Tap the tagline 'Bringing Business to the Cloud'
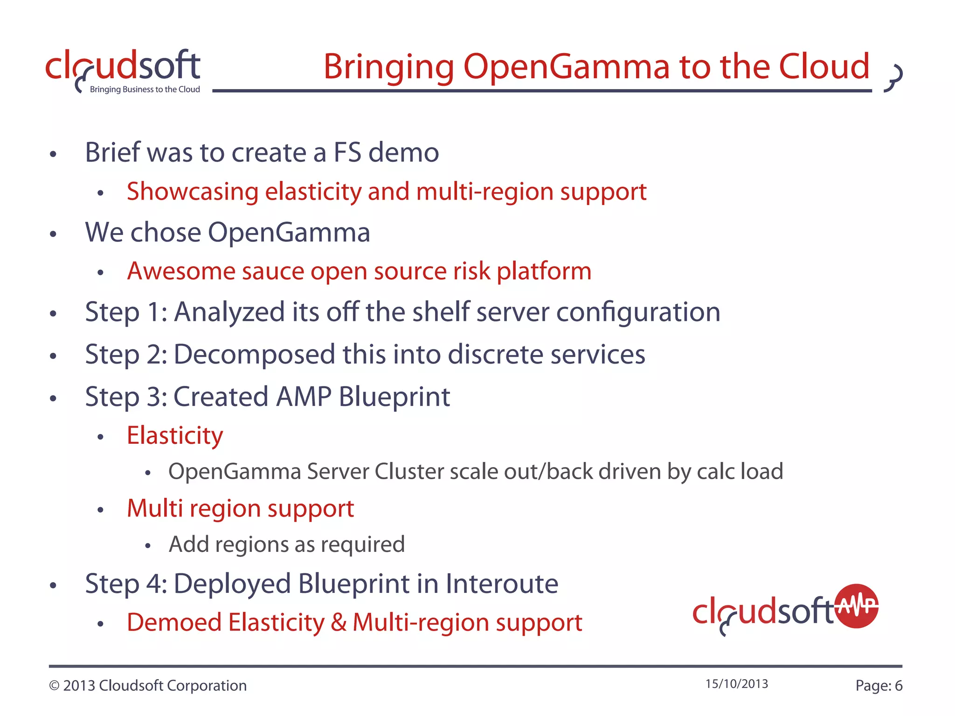(x=145, y=89)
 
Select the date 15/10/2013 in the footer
(x=736, y=684)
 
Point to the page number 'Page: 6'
(x=879, y=686)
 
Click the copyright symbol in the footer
(x=54, y=686)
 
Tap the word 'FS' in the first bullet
(x=347, y=152)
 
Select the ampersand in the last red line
(x=339, y=623)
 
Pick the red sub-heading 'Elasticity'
(x=175, y=436)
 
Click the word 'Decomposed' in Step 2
(x=254, y=354)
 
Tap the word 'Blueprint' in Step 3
(x=394, y=397)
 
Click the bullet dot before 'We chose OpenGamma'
(x=53, y=234)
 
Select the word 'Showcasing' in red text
(x=193, y=192)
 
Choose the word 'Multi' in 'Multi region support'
(x=154, y=508)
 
